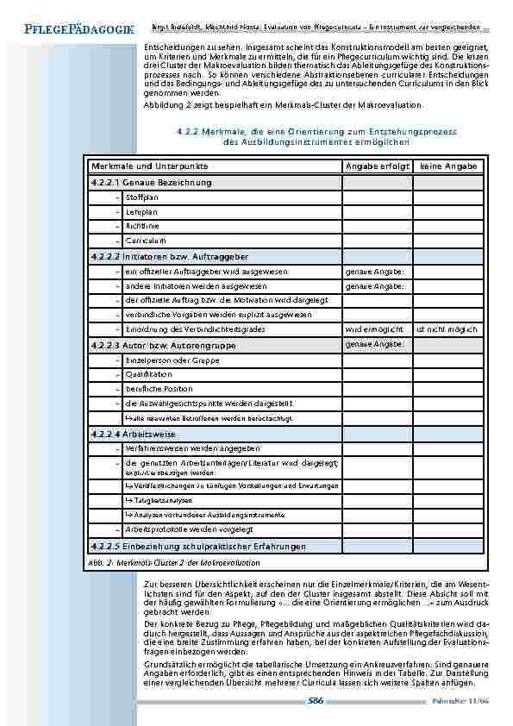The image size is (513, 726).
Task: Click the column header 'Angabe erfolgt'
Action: click(377, 166)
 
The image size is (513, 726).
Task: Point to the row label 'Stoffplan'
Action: click(141, 197)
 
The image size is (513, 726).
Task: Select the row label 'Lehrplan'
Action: click(141, 212)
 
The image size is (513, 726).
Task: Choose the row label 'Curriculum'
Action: click(145, 241)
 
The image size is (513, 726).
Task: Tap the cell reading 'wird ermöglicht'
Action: click(374, 329)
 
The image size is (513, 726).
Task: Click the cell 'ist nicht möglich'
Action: click(446, 329)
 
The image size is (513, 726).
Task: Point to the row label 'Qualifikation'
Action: click(147, 374)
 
